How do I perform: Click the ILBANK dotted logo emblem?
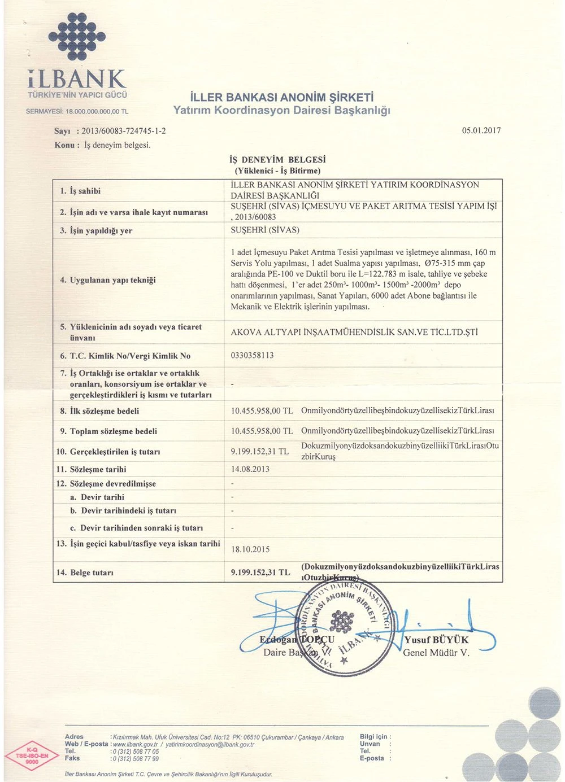tap(77, 37)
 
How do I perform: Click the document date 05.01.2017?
tap(481, 130)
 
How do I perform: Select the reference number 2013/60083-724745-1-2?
tap(124, 131)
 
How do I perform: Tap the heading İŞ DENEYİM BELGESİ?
tap(277, 160)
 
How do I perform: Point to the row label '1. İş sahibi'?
tap(80, 191)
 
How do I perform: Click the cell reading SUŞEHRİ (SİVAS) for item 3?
tap(265, 230)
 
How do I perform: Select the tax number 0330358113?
tap(252, 355)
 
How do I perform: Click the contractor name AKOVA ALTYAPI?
tap(354, 332)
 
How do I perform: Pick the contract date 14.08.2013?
tap(250, 469)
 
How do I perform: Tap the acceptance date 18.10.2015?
tap(250, 549)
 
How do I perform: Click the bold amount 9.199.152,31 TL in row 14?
tap(260, 572)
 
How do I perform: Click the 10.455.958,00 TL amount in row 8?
tap(262, 410)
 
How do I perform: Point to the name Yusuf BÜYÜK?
tap(436, 640)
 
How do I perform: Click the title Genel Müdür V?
tap(436, 653)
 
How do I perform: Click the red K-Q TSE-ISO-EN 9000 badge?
tap(32, 755)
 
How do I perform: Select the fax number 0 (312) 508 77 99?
tap(136, 758)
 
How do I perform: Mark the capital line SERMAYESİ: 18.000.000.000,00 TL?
tap(77, 111)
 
